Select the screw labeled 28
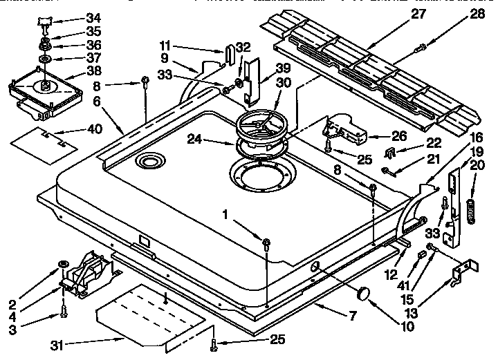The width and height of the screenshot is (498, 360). coord(421,48)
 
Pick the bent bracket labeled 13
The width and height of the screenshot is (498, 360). coord(463,274)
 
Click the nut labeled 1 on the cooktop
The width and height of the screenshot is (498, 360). coord(266,240)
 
